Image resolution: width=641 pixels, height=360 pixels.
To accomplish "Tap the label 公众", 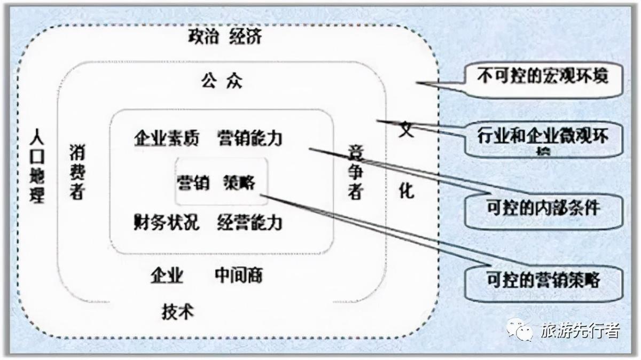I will click(x=222, y=82).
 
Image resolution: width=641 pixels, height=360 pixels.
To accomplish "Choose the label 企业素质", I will click(x=166, y=138).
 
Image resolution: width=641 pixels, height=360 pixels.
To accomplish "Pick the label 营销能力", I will click(x=249, y=138).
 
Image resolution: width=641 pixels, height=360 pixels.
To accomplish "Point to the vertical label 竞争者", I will click(x=355, y=172).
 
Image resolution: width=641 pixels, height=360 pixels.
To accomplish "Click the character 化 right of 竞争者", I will click(x=407, y=190).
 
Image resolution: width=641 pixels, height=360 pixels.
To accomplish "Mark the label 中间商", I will click(x=239, y=276).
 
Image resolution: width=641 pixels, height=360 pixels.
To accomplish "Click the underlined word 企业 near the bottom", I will click(x=167, y=276).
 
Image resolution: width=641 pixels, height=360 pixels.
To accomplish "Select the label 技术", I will click(x=177, y=311).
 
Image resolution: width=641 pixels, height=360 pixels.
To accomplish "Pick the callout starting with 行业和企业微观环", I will click(x=542, y=138).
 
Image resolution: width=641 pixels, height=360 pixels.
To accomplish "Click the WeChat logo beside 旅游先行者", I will click(x=520, y=330).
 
